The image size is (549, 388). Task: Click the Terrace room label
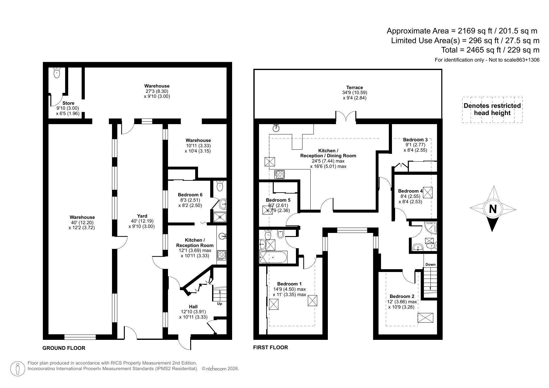coord(354,88)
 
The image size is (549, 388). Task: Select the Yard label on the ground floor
coord(142,216)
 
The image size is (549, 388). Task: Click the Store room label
coord(68,103)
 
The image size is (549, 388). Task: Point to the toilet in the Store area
coord(57,73)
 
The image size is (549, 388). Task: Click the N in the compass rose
coord(493,209)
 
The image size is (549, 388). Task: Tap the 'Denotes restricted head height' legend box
coord(492,109)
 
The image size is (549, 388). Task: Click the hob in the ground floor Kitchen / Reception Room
coord(221,255)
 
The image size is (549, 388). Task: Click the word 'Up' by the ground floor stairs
coord(220,304)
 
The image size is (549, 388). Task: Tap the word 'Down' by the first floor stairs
coord(430,265)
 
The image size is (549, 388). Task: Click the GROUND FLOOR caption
coord(64,348)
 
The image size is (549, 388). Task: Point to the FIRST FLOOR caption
coord(271,347)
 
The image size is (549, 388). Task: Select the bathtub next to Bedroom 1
coord(273,257)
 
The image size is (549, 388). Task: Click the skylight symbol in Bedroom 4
coord(428,193)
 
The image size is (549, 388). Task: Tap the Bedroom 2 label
coord(402,296)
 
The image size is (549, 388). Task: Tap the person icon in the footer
coord(18,369)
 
